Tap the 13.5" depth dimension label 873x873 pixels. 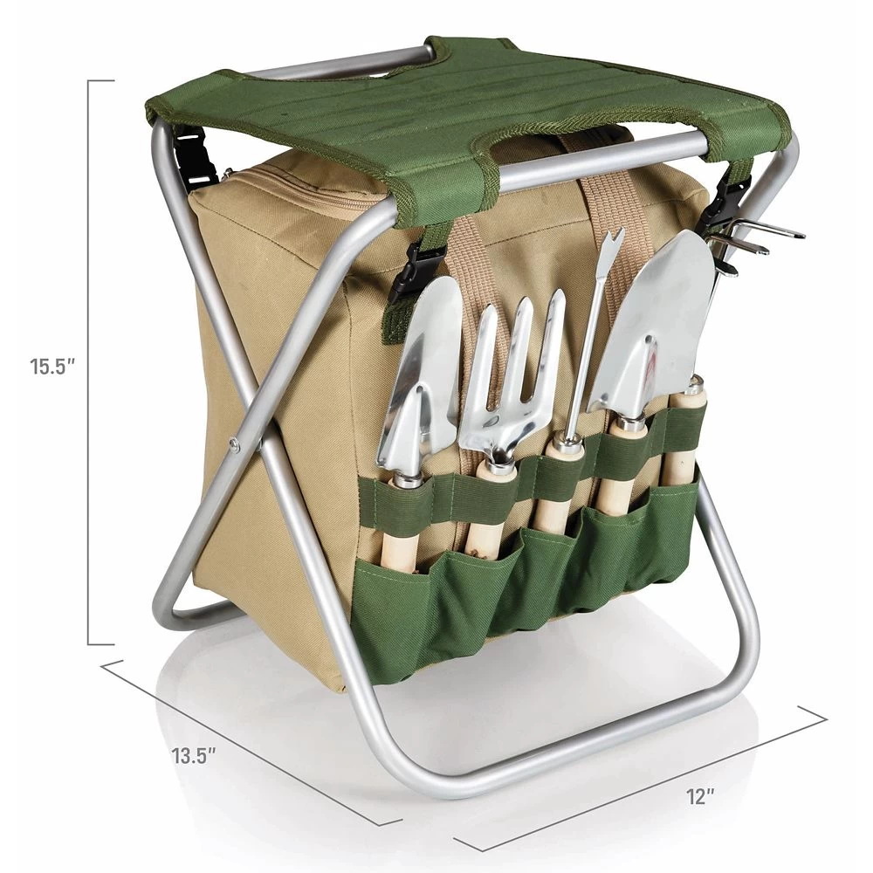click(193, 755)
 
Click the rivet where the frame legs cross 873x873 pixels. click(234, 443)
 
